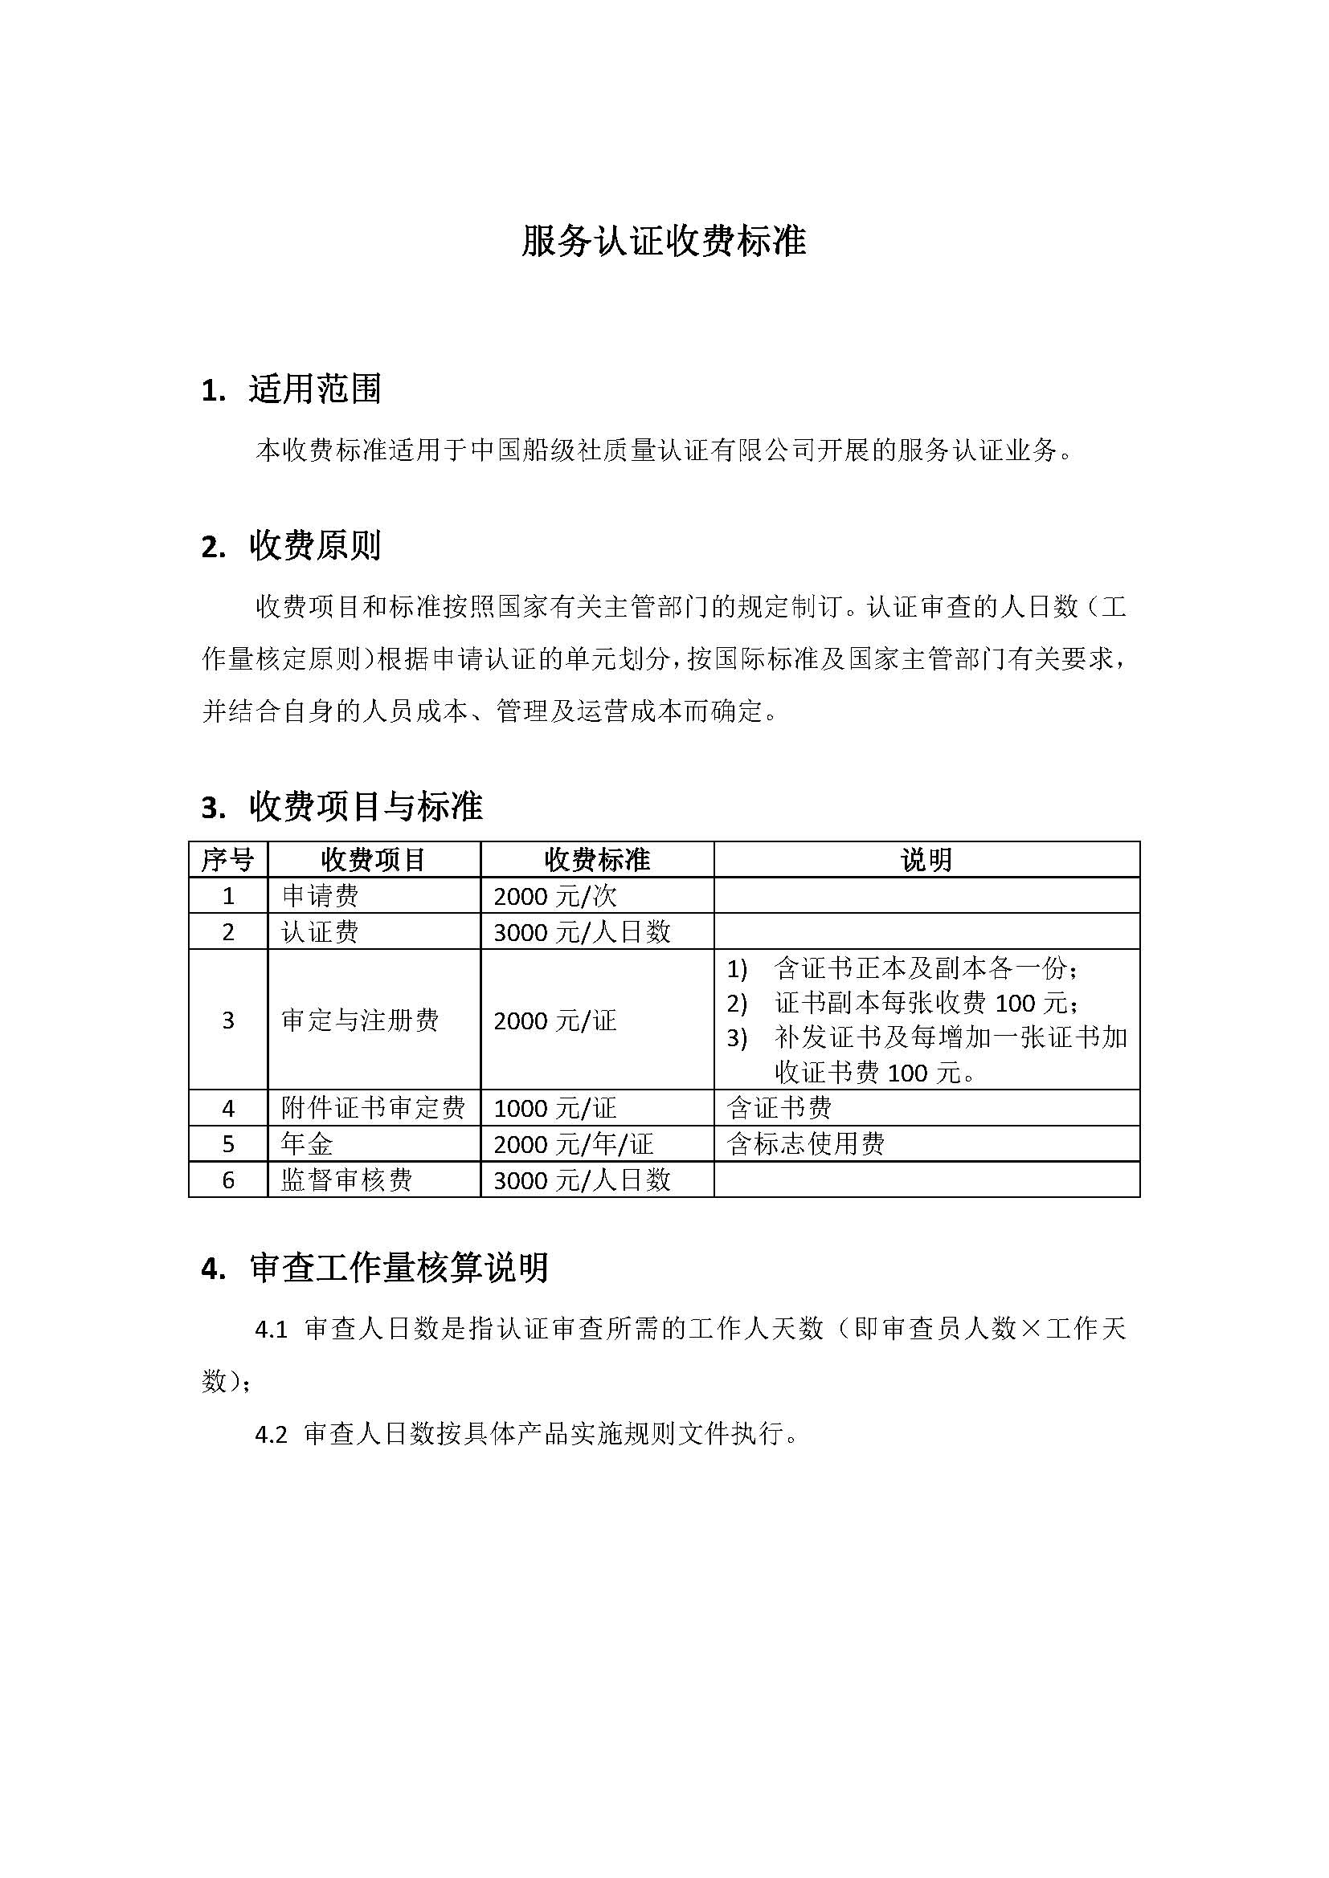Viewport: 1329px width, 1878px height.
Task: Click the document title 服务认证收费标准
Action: click(x=664, y=242)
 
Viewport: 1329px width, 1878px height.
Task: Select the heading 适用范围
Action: click(x=315, y=389)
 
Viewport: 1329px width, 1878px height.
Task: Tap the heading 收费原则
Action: click(x=315, y=545)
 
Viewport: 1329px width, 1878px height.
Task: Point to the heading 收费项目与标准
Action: click(x=366, y=806)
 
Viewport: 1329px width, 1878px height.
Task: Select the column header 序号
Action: click(x=227, y=860)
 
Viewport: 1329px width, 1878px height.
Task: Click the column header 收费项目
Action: click(x=373, y=860)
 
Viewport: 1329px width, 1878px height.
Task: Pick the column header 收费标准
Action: click(x=596, y=860)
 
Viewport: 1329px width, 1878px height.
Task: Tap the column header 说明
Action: click(x=926, y=860)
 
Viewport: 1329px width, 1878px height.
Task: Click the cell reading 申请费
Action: click(x=320, y=896)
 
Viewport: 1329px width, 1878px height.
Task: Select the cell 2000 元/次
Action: click(x=555, y=897)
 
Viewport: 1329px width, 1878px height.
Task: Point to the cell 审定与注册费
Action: click(x=360, y=1020)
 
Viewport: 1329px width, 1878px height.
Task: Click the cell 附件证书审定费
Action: click(x=373, y=1108)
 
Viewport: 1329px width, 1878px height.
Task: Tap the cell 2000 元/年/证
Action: click(x=573, y=1144)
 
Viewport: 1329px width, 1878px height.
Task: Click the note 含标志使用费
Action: click(x=805, y=1143)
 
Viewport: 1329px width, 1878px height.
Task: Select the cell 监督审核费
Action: click(x=347, y=1179)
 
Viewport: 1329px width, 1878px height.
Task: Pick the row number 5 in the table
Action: click(x=228, y=1144)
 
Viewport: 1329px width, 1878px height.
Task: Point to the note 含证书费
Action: click(x=779, y=1108)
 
